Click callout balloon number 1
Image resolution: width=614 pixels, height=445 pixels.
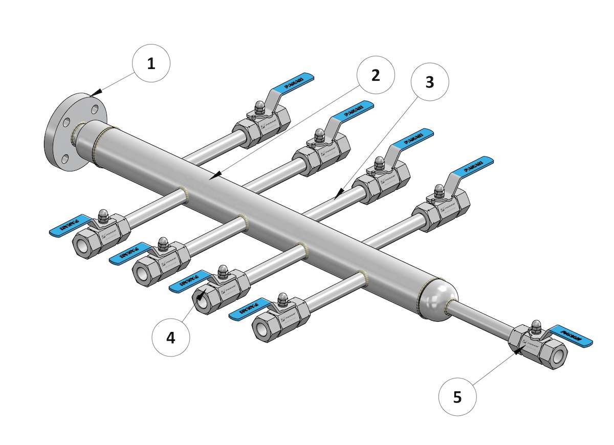point(150,64)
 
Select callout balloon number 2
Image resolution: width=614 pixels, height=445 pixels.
point(376,75)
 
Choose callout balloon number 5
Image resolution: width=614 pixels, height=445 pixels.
point(457,396)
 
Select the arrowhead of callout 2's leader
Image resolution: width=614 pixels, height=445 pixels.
point(214,176)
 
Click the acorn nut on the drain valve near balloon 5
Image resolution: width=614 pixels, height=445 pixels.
point(536,325)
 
